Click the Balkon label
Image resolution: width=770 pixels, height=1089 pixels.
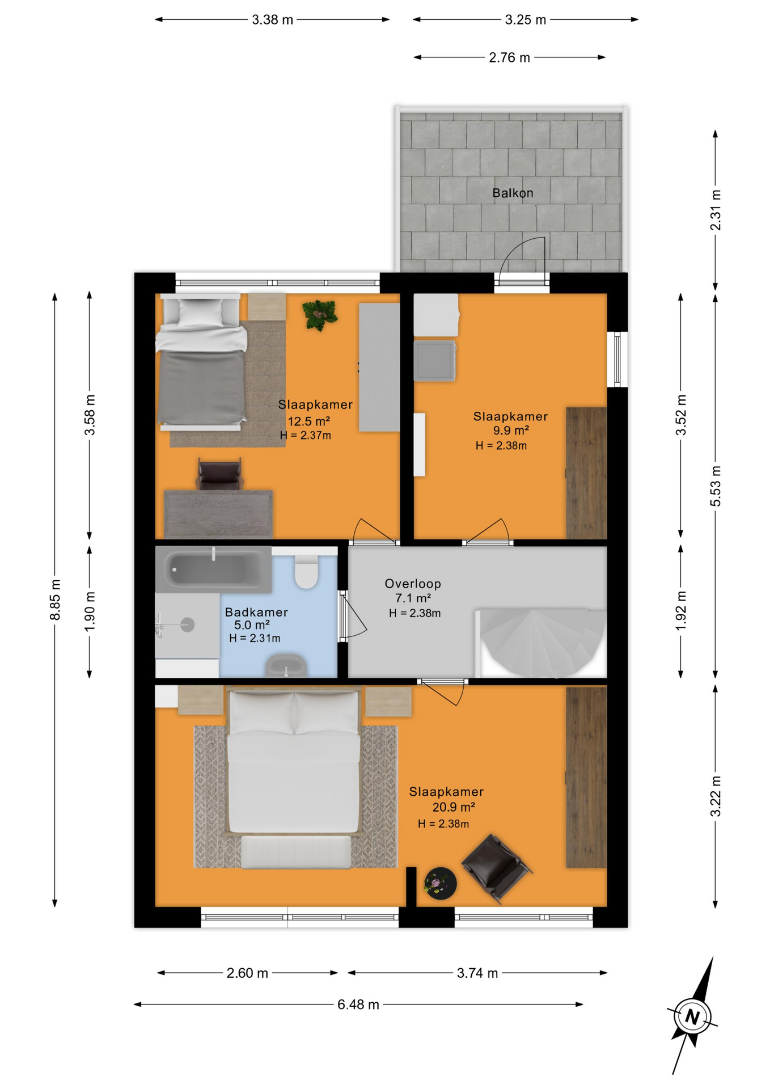tap(513, 193)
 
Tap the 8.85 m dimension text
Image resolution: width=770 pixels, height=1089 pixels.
tap(56, 600)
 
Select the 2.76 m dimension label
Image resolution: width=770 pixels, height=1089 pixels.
tap(509, 57)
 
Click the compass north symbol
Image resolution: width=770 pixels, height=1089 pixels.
tap(692, 1015)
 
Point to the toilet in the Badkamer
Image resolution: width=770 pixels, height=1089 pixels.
tap(307, 571)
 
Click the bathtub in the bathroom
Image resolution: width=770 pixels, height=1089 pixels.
tap(213, 569)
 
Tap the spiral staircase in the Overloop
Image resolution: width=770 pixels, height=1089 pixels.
tap(541, 643)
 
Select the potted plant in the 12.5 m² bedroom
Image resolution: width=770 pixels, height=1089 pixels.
tap(320, 315)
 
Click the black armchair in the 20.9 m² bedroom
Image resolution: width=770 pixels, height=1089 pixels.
tap(496, 867)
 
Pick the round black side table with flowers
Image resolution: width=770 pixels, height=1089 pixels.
tap(440, 883)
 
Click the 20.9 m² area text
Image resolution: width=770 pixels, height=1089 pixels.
tap(454, 807)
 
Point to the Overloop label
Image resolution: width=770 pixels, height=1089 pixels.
tap(413, 583)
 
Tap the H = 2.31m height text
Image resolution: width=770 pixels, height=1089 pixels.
tap(255, 638)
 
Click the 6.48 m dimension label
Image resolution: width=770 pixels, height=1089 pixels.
tap(358, 1004)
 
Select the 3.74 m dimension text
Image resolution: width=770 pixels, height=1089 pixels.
tap(477, 973)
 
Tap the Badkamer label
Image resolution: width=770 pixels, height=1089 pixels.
tap(256, 612)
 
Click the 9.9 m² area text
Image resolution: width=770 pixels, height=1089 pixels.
tap(511, 430)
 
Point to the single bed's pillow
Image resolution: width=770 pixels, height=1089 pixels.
tap(200, 311)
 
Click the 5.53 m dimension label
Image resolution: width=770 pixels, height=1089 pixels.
tap(716, 486)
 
